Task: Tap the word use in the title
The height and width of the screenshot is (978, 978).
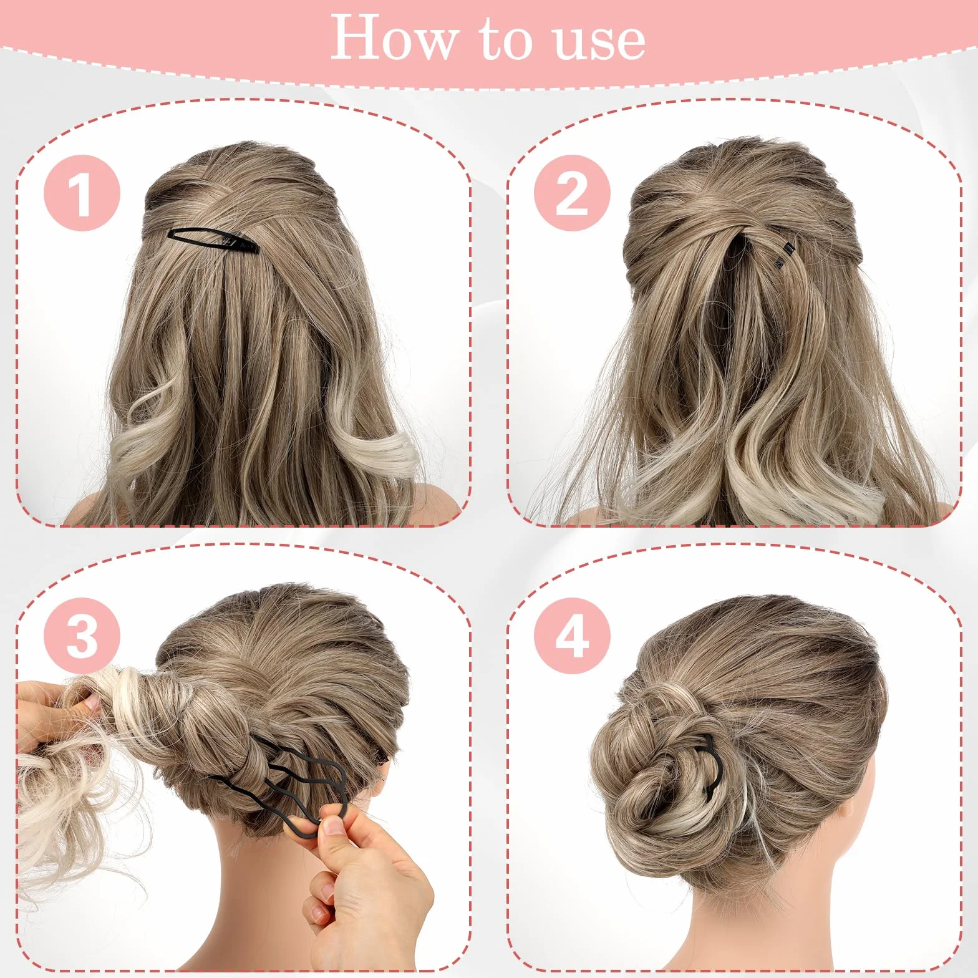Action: (x=599, y=41)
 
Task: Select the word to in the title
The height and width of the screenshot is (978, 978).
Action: (x=505, y=40)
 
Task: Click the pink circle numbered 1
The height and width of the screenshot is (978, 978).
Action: (x=82, y=193)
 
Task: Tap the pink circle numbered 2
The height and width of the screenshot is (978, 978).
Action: (x=572, y=193)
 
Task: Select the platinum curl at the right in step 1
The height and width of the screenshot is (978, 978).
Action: (x=377, y=452)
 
